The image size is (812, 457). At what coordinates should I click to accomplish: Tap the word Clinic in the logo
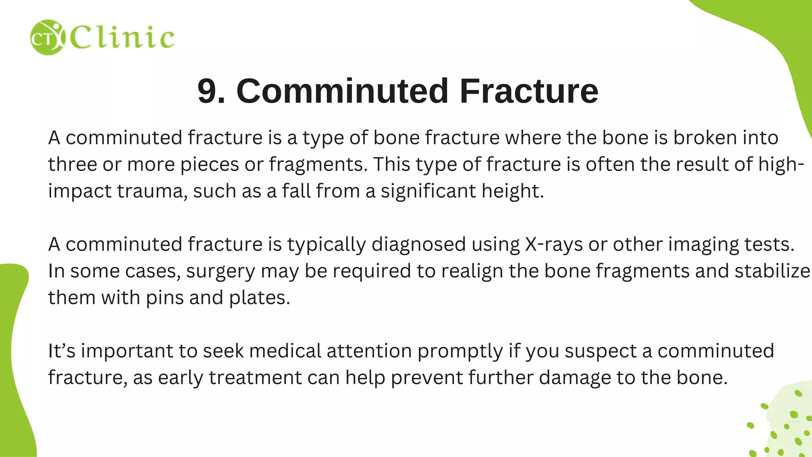click(x=122, y=38)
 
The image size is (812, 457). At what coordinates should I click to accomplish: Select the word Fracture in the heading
click(x=529, y=91)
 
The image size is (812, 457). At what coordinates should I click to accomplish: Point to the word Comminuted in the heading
click(x=342, y=91)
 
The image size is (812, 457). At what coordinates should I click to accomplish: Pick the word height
click(x=512, y=191)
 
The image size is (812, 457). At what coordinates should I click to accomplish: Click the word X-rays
click(x=554, y=244)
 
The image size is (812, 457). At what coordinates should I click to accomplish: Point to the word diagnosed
click(x=419, y=245)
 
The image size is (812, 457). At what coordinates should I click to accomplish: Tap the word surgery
click(x=220, y=272)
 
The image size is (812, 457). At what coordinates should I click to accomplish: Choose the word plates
click(x=259, y=298)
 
